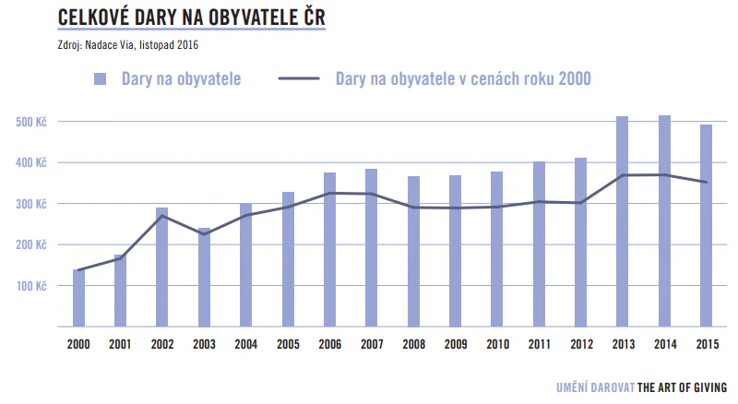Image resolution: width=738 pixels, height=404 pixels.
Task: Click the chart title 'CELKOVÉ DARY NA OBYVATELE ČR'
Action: coord(191,18)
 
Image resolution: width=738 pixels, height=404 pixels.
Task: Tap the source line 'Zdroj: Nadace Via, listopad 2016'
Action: coord(128,44)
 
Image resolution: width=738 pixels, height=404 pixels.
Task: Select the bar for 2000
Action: coord(78,297)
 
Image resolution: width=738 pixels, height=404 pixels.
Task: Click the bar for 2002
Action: coord(162,267)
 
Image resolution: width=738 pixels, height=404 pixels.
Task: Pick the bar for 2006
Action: coord(329,249)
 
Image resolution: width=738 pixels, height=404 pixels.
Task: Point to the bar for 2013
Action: coord(622,221)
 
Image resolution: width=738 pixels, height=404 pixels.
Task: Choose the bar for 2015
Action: coord(706,225)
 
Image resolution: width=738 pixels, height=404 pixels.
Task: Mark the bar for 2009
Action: coord(455,250)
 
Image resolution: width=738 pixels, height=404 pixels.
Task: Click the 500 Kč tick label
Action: coord(30,122)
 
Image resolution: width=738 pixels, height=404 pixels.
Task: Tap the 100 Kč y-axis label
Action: coord(30,286)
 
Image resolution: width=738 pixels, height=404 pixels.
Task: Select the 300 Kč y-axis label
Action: coord(30,204)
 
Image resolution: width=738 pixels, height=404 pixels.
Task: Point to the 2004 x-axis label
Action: coord(245,345)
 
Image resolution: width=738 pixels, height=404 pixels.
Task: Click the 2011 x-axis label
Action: coord(539,345)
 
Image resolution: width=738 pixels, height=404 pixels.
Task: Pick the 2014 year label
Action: coord(664,345)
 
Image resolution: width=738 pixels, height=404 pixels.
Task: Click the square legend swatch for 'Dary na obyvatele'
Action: coord(101,78)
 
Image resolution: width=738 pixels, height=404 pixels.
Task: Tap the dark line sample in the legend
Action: coord(298,79)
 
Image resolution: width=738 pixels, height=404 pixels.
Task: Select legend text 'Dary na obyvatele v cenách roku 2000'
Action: coord(463,79)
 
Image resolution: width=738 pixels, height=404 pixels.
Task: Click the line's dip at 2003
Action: coord(204,234)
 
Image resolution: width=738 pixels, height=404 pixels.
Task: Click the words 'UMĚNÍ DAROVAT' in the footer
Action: coord(596,387)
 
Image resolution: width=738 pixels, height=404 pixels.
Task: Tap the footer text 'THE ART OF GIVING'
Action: coord(683,387)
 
